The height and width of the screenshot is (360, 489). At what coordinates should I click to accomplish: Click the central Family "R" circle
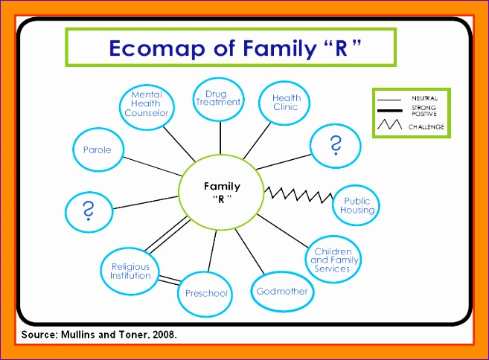point(220,193)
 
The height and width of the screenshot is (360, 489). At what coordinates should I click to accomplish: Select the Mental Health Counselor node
point(147,104)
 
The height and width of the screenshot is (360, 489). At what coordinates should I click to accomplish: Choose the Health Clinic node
point(285,103)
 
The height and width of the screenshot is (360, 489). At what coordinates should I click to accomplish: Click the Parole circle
point(98,150)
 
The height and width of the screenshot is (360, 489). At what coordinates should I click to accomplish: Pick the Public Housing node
point(357,205)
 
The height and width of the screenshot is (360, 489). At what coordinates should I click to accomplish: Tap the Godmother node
point(281,291)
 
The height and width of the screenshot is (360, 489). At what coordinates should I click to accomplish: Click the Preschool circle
point(207,293)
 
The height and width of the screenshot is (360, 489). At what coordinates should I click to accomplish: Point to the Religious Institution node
point(130,271)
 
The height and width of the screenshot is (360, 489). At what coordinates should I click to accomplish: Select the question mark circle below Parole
point(89,210)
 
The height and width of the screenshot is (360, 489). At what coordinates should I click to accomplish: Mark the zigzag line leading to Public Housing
point(298,195)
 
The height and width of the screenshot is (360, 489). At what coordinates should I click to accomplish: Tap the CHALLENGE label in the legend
point(426,127)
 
